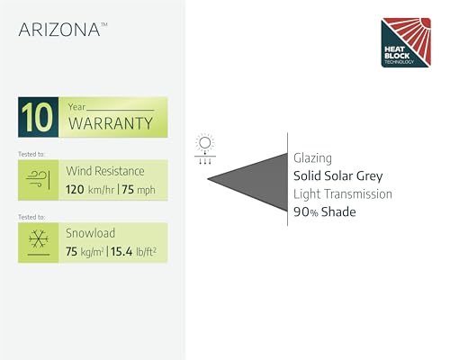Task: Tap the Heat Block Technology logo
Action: click(x=406, y=42)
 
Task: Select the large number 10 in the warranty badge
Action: click(x=38, y=117)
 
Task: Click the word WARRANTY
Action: click(x=111, y=123)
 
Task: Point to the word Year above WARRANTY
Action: click(x=76, y=107)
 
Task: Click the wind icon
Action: click(x=38, y=180)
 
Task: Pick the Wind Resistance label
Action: click(x=105, y=171)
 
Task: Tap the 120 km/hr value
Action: click(x=90, y=190)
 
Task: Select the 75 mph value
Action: click(x=139, y=190)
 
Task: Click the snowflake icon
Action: click(x=39, y=238)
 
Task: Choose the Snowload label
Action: click(x=90, y=233)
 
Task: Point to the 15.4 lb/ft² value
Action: click(x=133, y=252)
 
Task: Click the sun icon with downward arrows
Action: click(x=205, y=148)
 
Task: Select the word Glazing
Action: click(x=312, y=158)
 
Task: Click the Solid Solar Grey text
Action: click(x=338, y=176)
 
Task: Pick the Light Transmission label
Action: click(x=343, y=194)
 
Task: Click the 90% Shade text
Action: click(x=325, y=212)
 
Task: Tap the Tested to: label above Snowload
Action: click(x=31, y=217)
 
